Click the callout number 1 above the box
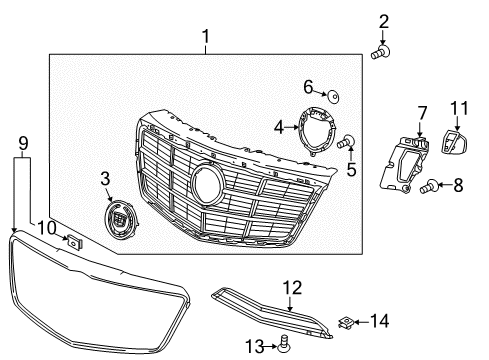206,37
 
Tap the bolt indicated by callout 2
380,52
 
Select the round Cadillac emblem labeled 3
120,219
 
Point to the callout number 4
279,128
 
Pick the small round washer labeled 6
333,97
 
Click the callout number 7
422,113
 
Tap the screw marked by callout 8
429,186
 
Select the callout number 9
23,144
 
